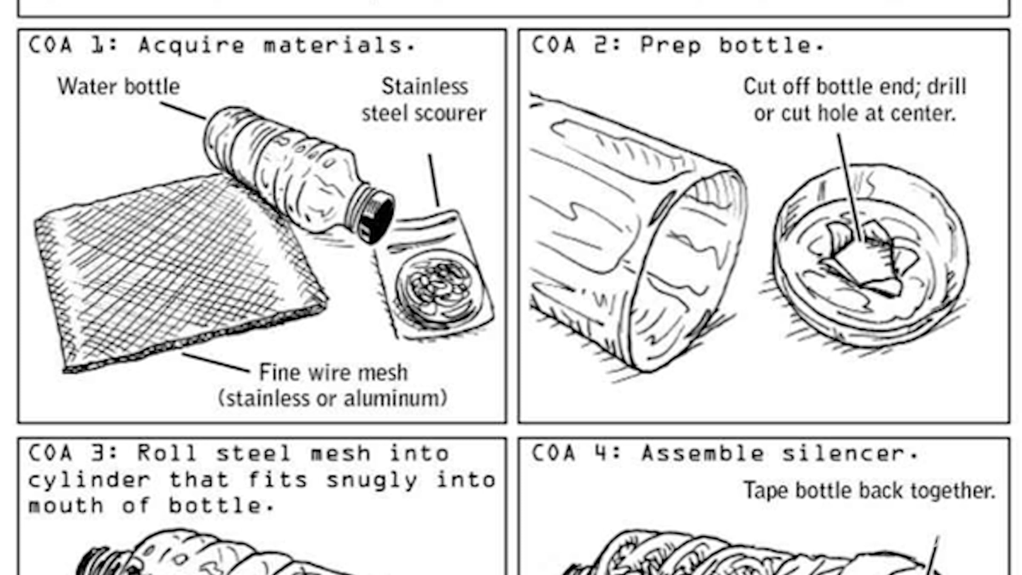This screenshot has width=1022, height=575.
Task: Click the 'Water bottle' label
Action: coord(119,86)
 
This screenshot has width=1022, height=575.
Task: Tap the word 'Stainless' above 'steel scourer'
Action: coord(425,86)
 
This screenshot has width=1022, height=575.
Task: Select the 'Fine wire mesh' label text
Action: coord(333,373)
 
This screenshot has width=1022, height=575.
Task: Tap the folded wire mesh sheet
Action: coord(179,273)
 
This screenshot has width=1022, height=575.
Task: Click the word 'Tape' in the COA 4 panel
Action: coord(766,491)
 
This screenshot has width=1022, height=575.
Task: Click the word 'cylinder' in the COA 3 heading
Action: coord(89,480)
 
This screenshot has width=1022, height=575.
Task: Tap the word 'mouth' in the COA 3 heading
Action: coord(66,506)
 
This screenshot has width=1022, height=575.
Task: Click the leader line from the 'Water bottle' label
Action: coord(183,110)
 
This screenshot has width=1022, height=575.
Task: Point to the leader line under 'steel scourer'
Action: coord(433,180)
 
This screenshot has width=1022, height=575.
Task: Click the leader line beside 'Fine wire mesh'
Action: coord(216,362)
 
